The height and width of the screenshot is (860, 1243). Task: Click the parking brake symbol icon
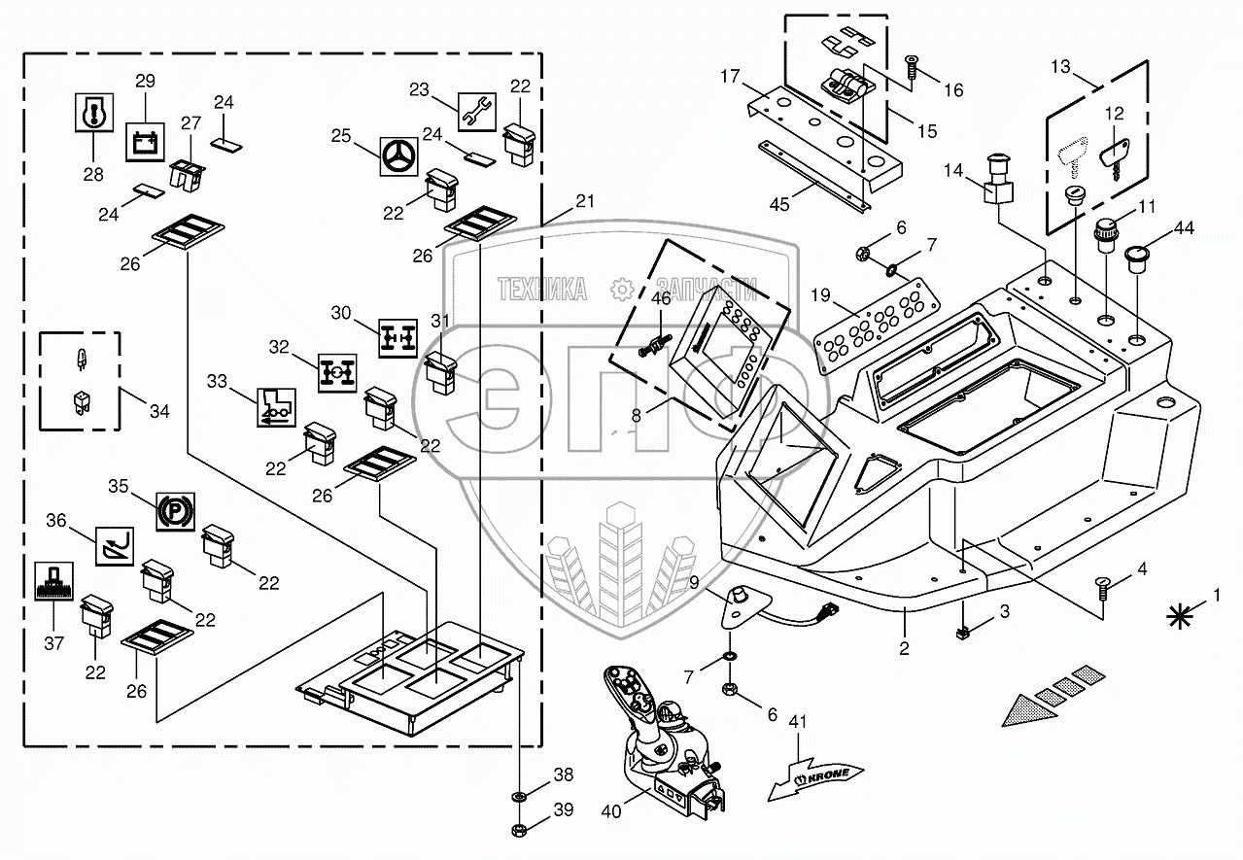click(x=175, y=511)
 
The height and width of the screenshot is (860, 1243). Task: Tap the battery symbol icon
click(x=145, y=142)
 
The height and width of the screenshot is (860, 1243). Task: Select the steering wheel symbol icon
click(x=399, y=157)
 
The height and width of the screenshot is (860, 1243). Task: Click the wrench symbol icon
click(x=476, y=112)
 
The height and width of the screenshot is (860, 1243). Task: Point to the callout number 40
click(x=611, y=811)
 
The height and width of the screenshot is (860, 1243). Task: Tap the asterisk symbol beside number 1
click(x=1180, y=617)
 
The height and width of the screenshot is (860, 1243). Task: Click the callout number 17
click(x=730, y=76)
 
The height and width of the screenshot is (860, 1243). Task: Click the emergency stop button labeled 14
click(x=999, y=181)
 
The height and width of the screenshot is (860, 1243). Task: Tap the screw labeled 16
click(x=912, y=68)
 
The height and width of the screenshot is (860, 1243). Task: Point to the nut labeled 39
click(x=521, y=831)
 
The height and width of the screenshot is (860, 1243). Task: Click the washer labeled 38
click(x=521, y=797)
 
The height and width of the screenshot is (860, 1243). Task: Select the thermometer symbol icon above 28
click(x=94, y=112)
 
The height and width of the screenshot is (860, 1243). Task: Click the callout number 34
click(x=159, y=411)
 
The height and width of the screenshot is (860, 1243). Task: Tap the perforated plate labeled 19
click(x=877, y=326)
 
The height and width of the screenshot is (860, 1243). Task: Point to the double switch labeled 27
click(x=187, y=175)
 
